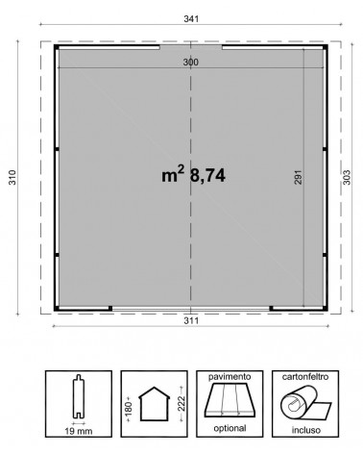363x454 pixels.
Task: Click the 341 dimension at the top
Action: tap(191, 19)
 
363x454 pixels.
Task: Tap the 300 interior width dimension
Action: tap(191, 63)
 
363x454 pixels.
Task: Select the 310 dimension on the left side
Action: tap(12, 177)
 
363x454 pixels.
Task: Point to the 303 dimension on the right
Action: tap(347, 177)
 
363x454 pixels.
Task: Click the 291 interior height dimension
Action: tap(298, 177)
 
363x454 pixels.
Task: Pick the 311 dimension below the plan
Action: tap(191, 320)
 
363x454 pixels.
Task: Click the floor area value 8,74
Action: tap(207, 175)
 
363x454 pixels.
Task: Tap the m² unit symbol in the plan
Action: tap(173, 174)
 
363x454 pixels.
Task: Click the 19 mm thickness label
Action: tap(79, 431)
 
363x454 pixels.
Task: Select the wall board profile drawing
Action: tap(79, 396)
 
